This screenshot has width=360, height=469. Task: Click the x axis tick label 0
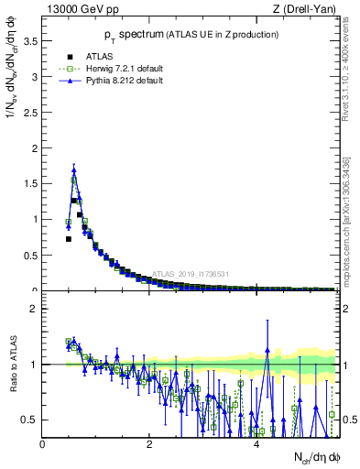pyautogui.click(x=43, y=445)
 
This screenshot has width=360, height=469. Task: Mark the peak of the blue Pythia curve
pyautogui.click(x=73, y=169)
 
